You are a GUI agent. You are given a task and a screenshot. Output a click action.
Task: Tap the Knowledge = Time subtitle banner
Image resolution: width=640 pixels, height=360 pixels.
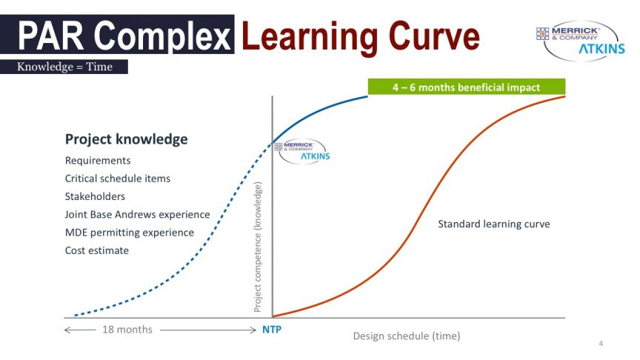click(x=64, y=67)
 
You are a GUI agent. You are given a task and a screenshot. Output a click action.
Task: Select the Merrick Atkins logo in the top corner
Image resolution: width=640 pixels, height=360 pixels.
click(x=581, y=41)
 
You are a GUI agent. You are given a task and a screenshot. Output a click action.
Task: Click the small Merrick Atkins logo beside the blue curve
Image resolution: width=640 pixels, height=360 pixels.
click(x=302, y=151)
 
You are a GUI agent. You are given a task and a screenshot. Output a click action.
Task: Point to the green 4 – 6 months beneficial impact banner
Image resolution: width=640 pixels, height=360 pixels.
click(x=467, y=87)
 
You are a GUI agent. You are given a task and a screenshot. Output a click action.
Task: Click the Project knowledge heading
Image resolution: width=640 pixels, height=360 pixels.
click(x=127, y=139)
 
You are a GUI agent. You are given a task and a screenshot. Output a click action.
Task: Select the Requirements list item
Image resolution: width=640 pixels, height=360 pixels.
click(x=98, y=161)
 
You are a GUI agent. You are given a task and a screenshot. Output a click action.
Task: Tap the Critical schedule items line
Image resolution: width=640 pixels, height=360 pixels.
click(x=118, y=179)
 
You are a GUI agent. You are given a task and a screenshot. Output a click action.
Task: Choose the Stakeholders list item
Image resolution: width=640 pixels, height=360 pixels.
click(x=95, y=196)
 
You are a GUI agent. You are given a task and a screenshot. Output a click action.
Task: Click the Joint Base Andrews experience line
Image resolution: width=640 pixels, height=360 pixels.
click(x=138, y=214)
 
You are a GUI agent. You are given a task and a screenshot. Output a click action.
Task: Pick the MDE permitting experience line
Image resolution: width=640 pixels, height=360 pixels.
click(x=130, y=233)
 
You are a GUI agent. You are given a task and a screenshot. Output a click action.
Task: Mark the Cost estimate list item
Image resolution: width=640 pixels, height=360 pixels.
click(x=97, y=250)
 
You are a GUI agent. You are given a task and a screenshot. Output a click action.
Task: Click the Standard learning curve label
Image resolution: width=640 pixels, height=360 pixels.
click(x=494, y=224)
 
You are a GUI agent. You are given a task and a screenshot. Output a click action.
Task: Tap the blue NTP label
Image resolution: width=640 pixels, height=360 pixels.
click(x=272, y=330)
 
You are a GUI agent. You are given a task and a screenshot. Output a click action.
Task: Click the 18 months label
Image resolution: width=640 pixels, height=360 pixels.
click(x=127, y=330)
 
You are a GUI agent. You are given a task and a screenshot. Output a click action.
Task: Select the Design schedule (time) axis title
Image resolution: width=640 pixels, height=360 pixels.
click(x=407, y=336)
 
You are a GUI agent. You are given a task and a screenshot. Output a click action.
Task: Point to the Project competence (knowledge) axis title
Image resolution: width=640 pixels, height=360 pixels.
click(x=257, y=247)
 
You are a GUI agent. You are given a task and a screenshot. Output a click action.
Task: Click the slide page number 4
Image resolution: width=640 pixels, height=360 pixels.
click(x=601, y=344)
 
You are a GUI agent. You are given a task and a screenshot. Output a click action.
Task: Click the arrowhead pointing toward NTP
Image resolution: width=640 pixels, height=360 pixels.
click(x=253, y=330)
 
